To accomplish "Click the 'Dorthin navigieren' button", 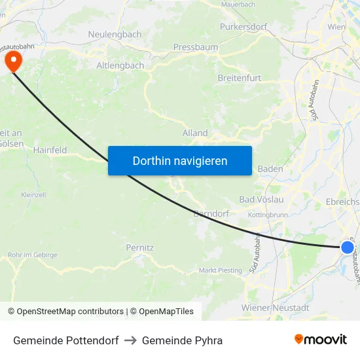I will [x=180, y=160].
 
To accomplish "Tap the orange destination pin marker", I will [x=13, y=62].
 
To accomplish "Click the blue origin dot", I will [x=347, y=247].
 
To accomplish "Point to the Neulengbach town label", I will [x=115, y=34].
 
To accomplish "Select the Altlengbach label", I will [x=120, y=65].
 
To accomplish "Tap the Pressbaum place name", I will [x=195, y=47].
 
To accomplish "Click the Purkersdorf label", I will [x=243, y=27].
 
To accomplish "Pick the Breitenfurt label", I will [x=239, y=78].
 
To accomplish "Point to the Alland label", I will [x=195, y=133].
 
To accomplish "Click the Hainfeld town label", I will [x=50, y=150].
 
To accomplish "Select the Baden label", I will [x=270, y=169].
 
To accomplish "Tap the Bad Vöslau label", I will [x=261, y=199].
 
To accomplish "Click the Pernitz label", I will [x=139, y=248].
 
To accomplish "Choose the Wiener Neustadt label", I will [x=275, y=308].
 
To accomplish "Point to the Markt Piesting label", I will [x=221, y=270].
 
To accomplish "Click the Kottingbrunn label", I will [x=268, y=215].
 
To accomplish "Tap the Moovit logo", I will [x=321, y=340].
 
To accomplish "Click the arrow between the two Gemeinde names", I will [x=130, y=340].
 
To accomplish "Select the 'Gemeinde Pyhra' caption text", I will [x=182, y=340].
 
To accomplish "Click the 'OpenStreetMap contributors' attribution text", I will [x=70, y=312].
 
